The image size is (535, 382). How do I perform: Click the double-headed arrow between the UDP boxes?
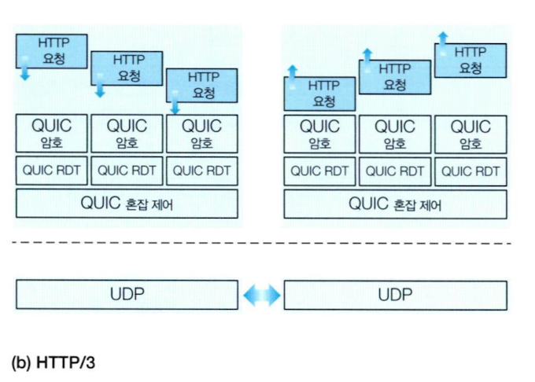(261, 295)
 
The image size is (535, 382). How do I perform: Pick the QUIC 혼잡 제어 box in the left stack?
(127, 204)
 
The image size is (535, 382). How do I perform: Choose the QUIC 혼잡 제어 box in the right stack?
(396, 204)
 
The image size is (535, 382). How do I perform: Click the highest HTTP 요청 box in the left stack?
(52, 49)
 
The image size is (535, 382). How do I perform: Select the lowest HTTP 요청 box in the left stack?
(202, 85)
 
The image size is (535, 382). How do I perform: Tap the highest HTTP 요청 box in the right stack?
(470, 60)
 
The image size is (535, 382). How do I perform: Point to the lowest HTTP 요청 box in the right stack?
(319, 93)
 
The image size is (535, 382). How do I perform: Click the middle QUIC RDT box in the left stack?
(127, 170)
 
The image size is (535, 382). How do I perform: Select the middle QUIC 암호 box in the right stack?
(395, 134)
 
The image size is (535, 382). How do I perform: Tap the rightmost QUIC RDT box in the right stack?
(470, 170)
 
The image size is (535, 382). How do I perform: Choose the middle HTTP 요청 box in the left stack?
(127, 68)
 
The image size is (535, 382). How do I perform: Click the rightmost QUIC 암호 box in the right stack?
(470, 134)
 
